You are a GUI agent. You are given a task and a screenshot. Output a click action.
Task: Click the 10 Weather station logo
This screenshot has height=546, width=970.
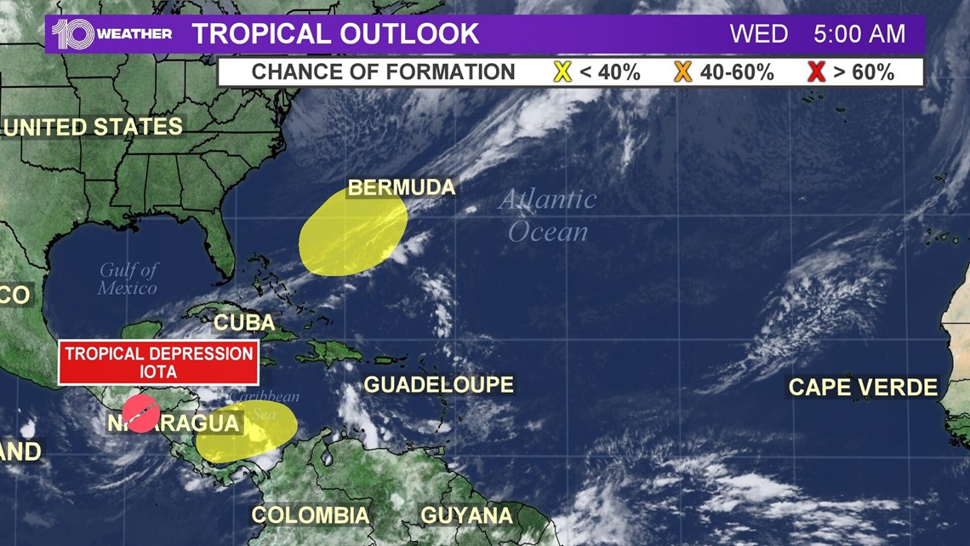pos(111,34)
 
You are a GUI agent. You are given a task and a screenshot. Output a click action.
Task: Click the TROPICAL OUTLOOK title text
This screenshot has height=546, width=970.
pos(335,34)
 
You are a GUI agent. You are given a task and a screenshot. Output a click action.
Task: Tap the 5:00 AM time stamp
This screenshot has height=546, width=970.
pos(859,34)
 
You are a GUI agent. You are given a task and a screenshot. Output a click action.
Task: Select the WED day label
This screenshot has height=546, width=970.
pos(759,34)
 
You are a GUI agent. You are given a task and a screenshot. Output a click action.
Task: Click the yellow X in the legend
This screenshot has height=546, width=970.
pos(562,72)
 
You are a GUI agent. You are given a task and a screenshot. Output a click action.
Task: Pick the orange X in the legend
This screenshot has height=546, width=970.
pos(682,72)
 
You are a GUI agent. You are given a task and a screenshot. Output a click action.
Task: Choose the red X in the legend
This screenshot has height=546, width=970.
pos(816,72)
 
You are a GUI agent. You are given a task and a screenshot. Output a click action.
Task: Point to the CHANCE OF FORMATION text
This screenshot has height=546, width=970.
pos(383,72)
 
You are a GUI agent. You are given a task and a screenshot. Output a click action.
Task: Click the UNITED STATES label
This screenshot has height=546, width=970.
pos(92,127)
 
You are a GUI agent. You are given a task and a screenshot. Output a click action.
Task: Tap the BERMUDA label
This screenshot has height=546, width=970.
pos(402,187)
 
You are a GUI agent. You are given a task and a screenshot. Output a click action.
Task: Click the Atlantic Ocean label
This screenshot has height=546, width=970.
pos(548,216)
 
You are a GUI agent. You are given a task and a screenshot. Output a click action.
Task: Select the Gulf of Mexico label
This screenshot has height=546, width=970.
pos(128,279)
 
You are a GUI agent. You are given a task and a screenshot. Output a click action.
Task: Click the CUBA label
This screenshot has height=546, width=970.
pos(243,323)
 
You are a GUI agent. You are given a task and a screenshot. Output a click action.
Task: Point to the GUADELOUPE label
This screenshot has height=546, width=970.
pos(439,385)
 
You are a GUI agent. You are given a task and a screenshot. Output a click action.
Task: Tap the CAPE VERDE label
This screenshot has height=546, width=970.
pos(863,388)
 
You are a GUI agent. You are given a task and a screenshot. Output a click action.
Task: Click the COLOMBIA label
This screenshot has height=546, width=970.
pos(311,515)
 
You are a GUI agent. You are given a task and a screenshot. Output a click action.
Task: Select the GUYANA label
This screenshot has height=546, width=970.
pos(467,515)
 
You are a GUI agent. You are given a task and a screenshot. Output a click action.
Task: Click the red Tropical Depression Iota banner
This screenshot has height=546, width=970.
pos(158,362)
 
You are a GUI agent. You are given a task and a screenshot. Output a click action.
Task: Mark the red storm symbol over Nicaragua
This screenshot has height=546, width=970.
pos(140,414)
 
